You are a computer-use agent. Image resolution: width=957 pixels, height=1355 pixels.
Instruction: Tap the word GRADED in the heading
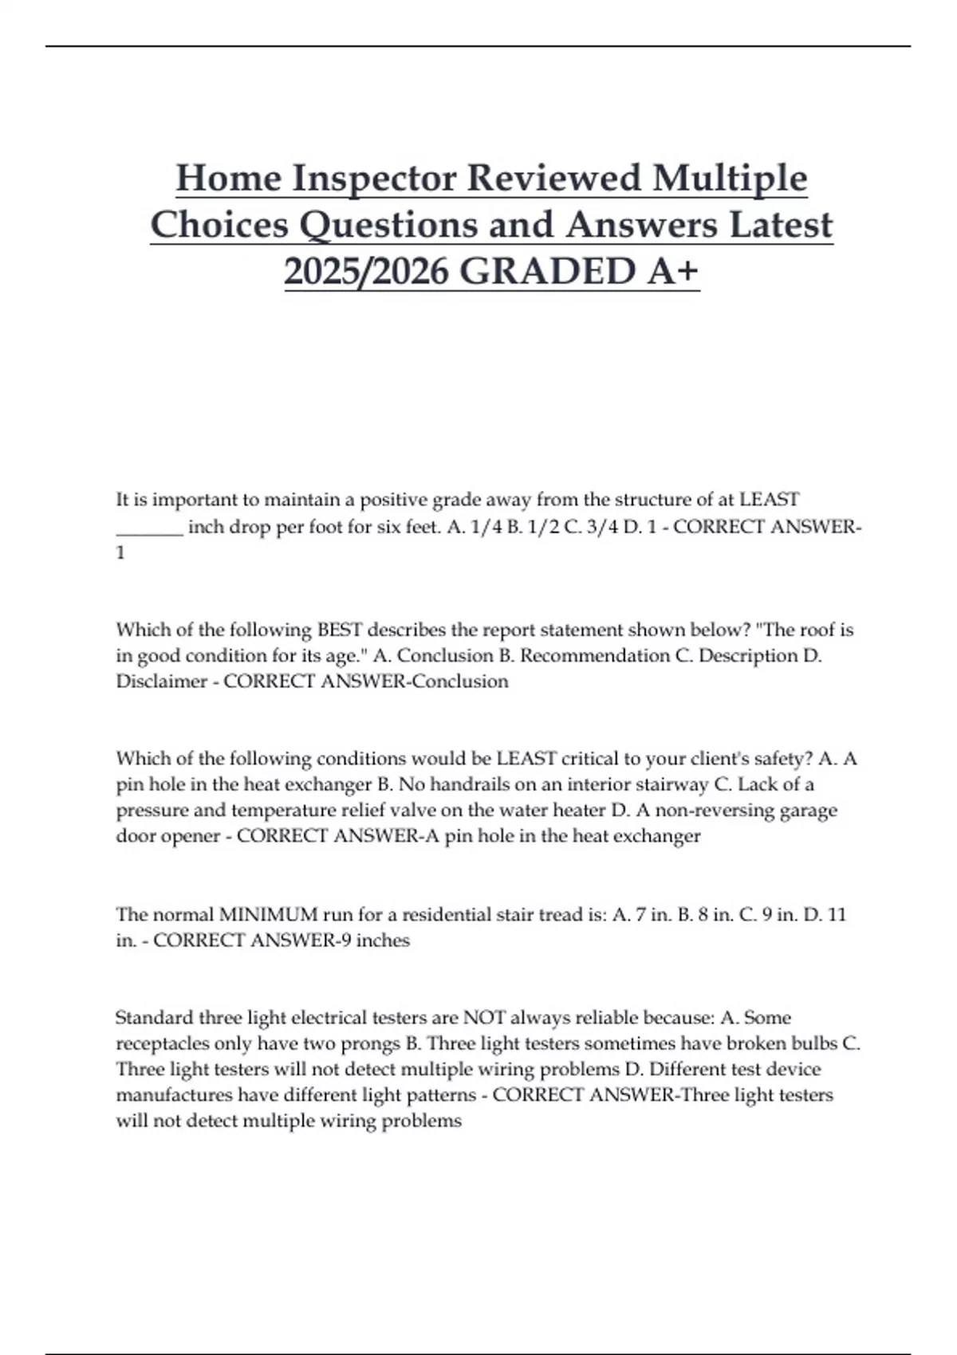[x=548, y=271]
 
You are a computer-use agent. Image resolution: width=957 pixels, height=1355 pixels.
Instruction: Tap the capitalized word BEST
[x=341, y=630]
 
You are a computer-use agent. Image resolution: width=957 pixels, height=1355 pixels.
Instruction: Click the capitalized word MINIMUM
[x=268, y=914]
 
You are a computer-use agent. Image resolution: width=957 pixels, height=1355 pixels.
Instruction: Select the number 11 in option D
[x=836, y=914]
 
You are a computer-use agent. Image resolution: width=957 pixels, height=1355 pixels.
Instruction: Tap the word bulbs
[x=813, y=1043]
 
